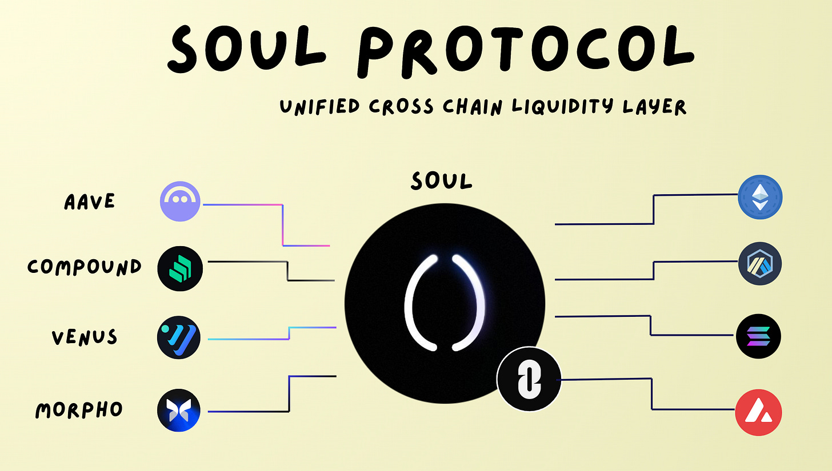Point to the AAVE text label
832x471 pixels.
point(89,202)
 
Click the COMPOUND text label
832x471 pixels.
point(85,267)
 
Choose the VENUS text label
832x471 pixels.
point(85,337)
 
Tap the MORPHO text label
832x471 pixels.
point(79,409)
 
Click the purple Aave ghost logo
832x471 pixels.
point(180,202)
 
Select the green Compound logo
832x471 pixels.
point(180,267)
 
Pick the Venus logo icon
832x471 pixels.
point(180,338)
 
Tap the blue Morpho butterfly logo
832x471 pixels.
point(180,410)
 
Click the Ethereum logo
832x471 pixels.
point(760,198)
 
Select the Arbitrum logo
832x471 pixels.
point(760,264)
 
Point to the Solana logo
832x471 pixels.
point(759,336)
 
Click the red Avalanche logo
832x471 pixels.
point(758,413)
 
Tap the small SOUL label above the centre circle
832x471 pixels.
point(442,181)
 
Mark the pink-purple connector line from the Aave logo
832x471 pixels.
point(283,225)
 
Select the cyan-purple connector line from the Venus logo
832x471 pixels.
point(251,339)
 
